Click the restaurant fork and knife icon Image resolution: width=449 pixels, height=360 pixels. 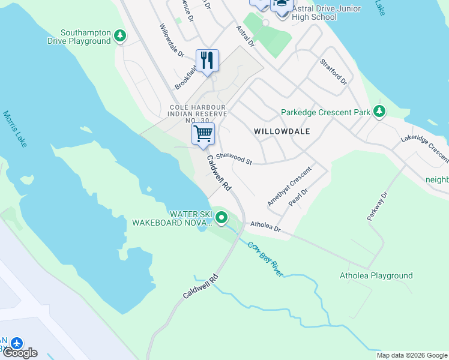point(207,61)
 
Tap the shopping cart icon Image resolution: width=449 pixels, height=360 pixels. point(203,134)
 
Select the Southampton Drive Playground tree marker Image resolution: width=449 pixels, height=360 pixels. point(120,37)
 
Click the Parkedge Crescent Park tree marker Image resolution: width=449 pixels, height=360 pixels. point(379,112)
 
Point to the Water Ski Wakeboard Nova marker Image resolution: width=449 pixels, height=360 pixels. point(221,218)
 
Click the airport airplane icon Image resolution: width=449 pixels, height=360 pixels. point(16,343)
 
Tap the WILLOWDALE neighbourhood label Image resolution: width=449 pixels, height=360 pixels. point(282,131)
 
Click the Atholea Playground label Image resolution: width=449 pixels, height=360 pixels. point(376,276)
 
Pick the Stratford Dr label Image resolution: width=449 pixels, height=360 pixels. point(333,71)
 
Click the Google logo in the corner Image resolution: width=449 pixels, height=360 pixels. point(19,352)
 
